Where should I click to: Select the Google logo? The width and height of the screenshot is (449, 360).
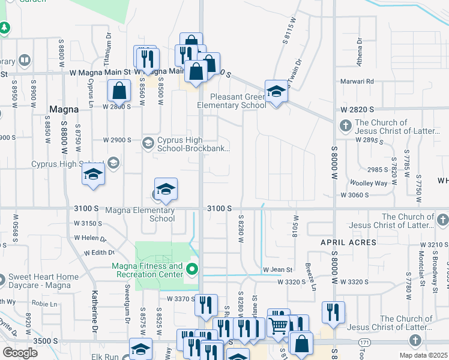[20, 353]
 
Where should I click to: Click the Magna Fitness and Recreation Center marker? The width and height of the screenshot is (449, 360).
[192, 268]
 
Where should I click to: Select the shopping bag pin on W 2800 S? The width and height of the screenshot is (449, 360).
[119, 92]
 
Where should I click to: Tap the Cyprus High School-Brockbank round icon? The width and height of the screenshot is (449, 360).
[148, 143]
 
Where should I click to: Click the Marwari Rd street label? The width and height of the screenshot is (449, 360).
[359, 81]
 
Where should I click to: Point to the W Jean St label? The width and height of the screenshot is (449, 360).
[277, 270]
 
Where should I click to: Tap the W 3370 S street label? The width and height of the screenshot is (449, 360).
[181, 298]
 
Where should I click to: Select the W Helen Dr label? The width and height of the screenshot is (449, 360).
[90, 238]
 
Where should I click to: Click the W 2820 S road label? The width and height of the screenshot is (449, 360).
[357, 110]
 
